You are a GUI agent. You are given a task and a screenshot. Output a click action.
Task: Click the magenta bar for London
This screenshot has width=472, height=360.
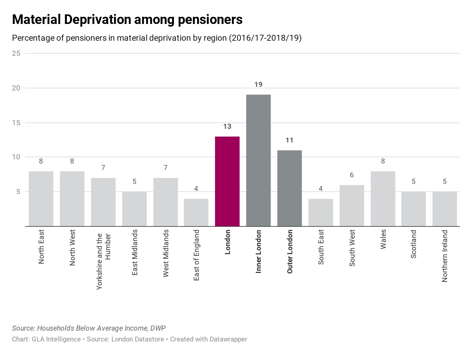[227, 181]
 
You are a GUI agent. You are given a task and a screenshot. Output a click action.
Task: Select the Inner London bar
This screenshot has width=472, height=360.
[258, 160]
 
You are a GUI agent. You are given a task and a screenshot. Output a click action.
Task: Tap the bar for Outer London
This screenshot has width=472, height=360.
[289, 188]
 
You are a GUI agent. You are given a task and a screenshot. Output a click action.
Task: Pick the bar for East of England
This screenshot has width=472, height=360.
[196, 212]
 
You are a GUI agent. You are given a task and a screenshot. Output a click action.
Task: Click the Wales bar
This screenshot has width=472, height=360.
[383, 199]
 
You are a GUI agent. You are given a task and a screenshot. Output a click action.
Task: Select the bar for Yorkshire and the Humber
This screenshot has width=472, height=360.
[103, 202]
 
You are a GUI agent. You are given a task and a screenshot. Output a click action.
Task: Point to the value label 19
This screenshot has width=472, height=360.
[258, 84]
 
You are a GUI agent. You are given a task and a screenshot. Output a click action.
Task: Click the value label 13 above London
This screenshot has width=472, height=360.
[227, 126]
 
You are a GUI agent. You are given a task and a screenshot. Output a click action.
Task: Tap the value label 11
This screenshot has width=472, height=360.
[289, 140]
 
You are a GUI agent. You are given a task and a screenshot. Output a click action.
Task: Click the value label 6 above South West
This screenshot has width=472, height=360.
[352, 175]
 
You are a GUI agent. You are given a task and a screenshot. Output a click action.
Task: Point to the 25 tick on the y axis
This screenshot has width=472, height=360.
[16, 53]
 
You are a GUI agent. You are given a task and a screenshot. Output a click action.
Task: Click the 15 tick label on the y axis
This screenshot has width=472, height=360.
[16, 123]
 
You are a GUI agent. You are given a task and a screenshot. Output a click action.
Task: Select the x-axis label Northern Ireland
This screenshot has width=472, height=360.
[445, 256]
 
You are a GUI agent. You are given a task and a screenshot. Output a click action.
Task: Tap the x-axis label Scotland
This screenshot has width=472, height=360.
[414, 244]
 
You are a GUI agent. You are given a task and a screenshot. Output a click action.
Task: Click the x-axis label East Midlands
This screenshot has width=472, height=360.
[135, 252]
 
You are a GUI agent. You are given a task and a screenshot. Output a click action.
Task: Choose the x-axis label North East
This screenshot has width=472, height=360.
[41, 246]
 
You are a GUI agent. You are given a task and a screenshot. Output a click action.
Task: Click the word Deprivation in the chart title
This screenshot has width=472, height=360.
[97, 19]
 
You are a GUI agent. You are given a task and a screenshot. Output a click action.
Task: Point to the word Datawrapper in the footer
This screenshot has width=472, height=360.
[228, 339]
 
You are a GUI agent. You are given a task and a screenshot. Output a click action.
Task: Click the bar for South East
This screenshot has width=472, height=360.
[320, 212]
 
